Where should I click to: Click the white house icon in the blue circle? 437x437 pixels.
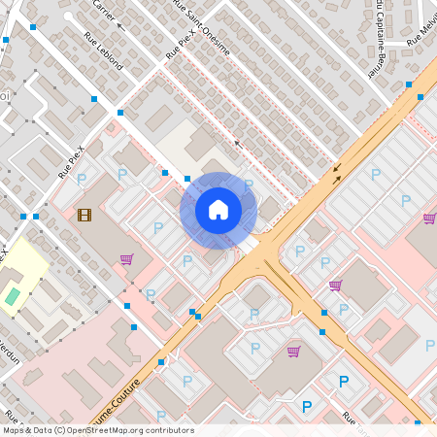pos(218,210)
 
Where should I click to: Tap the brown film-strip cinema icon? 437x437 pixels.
pos(84,215)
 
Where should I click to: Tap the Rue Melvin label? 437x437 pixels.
pos(424,27)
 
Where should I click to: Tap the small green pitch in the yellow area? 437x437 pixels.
pos(12,295)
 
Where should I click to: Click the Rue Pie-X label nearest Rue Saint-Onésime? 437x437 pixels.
pos(180,46)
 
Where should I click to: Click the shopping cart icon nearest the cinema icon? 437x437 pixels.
pos(126,259)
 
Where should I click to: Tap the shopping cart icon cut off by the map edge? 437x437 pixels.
pos(430,218)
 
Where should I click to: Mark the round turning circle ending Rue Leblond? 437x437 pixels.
pos(67,17)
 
